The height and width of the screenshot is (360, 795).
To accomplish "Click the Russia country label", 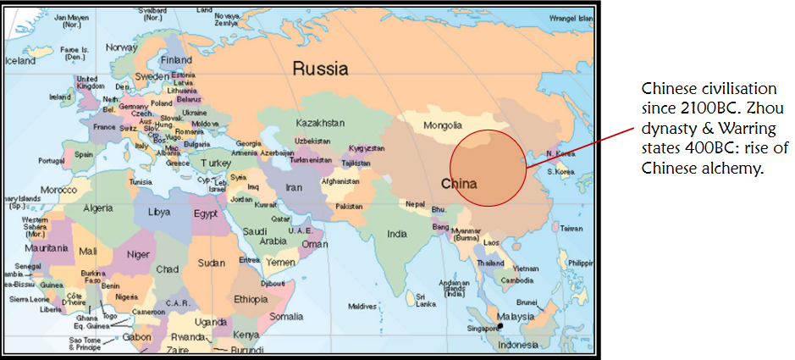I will coord(321,69).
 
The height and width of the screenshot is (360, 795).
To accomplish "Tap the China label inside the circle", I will coord(458,183).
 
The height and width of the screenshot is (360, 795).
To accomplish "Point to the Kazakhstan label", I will coord(320,123).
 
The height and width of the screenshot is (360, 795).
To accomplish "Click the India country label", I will coord(396,233).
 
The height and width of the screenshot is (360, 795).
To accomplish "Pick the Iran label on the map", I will coord(292,187).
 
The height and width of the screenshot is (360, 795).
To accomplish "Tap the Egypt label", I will coord(206,213).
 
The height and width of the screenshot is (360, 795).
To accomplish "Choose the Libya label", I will coord(158,212).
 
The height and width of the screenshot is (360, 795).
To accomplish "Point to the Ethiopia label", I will coord(251,298).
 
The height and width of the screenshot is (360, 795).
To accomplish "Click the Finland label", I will coord(176,60).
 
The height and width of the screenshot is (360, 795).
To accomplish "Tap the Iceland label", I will coord(20,61).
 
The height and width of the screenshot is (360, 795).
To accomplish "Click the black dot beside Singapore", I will coord(501,325).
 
